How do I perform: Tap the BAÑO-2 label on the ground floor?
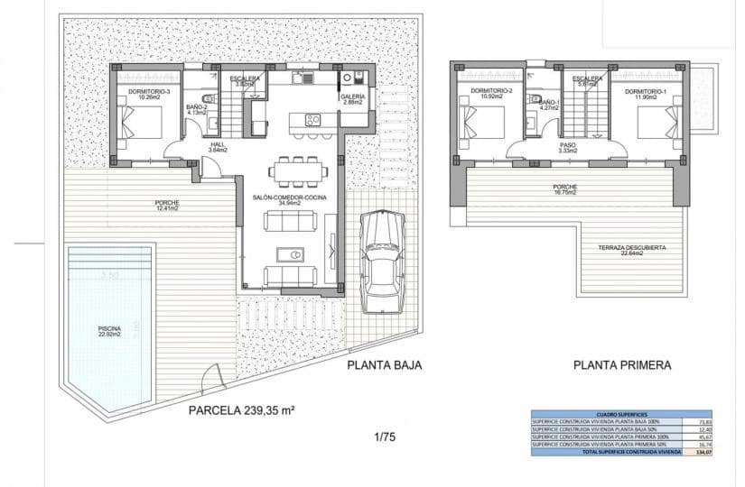pyautogui.click(x=198, y=107)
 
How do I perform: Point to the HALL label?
pyautogui.click(x=217, y=146)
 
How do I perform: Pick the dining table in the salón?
pyautogui.click(x=296, y=169)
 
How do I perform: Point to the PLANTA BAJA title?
pyautogui.click(x=385, y=365)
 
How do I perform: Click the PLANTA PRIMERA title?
pyautogui.click(x=622, y=365)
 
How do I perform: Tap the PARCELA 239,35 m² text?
pyautogui.click(x=242, y=409)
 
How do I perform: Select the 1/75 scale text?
pyautogui.click(x=385, y=437)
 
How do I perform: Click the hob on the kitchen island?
pyautogui.click(x=313, y=118)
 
